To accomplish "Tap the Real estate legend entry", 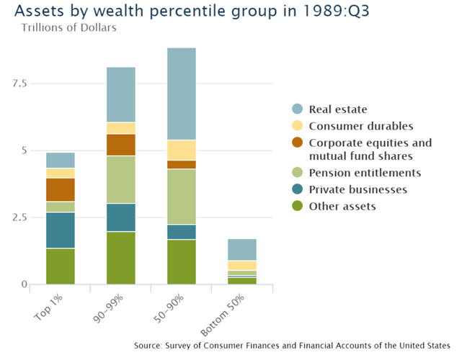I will [x=338, y=109].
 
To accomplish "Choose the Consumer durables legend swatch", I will [x=297, y=126].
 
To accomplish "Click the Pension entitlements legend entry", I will [x=365, y=173].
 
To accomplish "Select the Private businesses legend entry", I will [x=357, y=189].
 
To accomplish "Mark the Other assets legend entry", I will [x=342, y=206].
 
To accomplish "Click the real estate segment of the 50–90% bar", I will [x=181, y=94].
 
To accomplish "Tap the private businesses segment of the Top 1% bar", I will [x=61, y=230].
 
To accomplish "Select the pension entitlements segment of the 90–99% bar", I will [x=121, y=179].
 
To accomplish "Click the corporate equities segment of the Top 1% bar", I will [x=61, y=189].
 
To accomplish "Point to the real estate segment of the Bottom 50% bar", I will [x=241, y=249].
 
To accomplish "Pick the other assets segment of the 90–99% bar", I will [x=121, y=257].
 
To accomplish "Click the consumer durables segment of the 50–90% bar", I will [x=181, y=150].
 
